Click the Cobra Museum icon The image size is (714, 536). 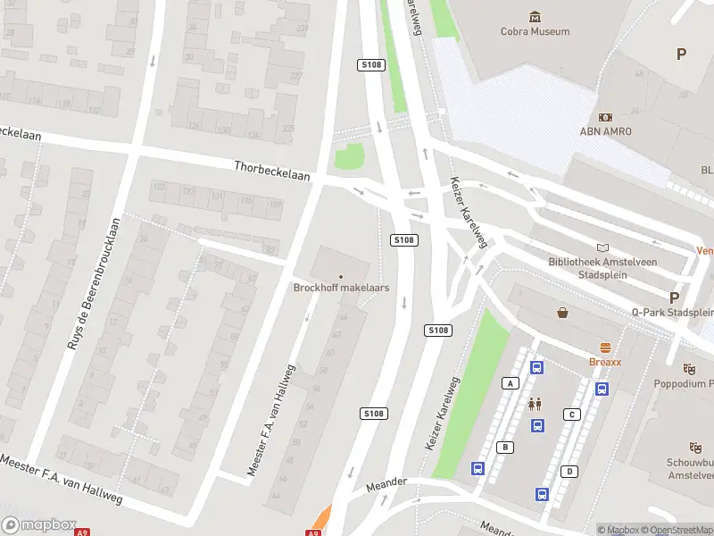[x=535, y=17]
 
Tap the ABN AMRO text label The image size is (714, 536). [x=606, y=131]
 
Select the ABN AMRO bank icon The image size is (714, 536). [x=606, y=117]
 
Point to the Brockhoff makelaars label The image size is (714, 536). [x=341, y=288]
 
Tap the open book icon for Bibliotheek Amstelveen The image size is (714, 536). [x=603, y=247]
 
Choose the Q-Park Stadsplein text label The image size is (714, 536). [x=672, y=313]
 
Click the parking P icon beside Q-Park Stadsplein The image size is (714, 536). [x=674, y=297]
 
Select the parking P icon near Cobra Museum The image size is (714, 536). [x=681, y=54]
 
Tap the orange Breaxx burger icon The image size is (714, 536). [x=605, y=348]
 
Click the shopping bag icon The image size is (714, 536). [x=563, y=313]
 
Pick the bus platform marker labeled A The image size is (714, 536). [x=511, y=383]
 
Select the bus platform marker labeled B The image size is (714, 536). [x=505, y=447]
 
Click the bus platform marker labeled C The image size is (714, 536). [x=571, y=415]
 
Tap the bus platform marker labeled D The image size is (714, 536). [x=569, y=471]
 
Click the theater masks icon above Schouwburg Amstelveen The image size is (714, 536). [x=695, y=447]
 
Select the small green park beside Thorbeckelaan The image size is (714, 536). [x=350, y=157]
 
